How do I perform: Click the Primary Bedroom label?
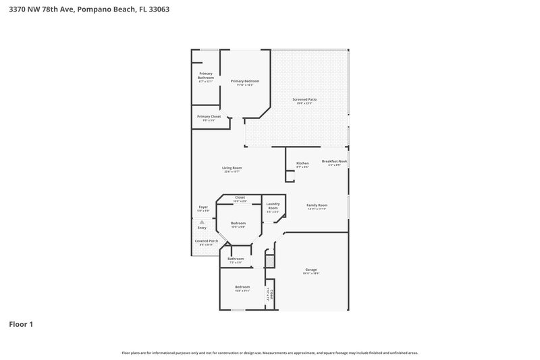244,81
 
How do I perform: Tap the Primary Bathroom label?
205,75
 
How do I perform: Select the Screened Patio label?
304,99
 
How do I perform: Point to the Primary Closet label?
209,116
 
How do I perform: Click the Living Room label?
232,168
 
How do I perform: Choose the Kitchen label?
302,163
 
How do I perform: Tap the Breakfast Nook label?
334,161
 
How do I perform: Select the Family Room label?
317,205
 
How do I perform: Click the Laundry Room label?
273,205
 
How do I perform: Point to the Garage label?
311,269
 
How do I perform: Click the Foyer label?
203,207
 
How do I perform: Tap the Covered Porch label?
206,241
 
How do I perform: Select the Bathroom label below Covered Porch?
236,259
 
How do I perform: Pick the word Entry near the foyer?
202,228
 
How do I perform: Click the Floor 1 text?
20,324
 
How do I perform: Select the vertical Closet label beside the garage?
271,294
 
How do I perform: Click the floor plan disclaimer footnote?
270,353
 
